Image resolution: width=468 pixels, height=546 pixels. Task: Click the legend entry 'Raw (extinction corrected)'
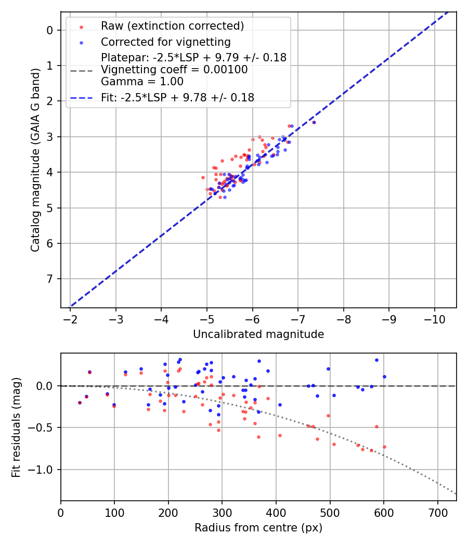click(x=172, y=26)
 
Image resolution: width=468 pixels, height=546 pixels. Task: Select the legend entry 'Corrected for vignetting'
click(x=165, y=42)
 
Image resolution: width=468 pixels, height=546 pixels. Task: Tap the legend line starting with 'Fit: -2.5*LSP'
click(x=177, y=97)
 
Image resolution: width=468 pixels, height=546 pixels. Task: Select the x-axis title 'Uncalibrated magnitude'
click(x=258, y=334)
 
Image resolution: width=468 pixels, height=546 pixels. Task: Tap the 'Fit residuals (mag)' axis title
click(x=16, y=427)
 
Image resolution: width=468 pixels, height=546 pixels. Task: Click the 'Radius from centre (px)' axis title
click(x=258, y=528)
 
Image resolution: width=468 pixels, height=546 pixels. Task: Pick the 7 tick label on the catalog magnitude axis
click(x=50, y=279)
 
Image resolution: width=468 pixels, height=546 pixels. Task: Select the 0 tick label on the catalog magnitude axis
click(x=50, y=30)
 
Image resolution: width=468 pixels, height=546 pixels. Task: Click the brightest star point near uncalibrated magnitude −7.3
click(x=314, y=122)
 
